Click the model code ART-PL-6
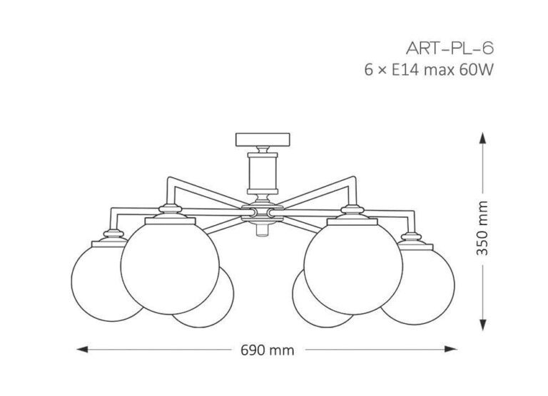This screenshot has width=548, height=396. (x=450, y=48)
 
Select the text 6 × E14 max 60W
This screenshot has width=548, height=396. (x=429, y=70)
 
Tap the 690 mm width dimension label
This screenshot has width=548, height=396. (x=268, y=350)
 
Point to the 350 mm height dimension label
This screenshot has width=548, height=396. (x=482, y=228)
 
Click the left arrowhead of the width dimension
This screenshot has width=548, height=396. (x=82, y=349)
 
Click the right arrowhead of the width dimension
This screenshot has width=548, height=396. (x=451, y=349)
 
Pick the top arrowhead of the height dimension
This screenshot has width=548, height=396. (x=482, y=138)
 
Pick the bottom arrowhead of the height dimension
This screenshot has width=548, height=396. (x=482, y=325)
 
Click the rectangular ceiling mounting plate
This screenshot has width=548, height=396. (x=263, y=140)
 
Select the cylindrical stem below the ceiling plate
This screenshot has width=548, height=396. (x=263, y=173)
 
